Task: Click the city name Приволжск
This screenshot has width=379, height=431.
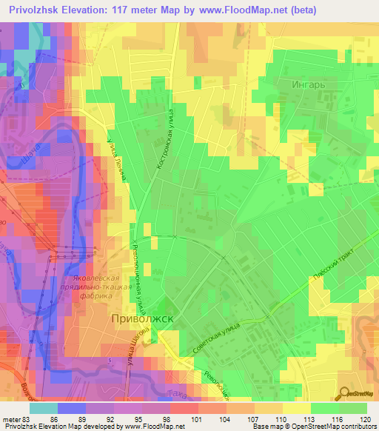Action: (143, 319)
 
